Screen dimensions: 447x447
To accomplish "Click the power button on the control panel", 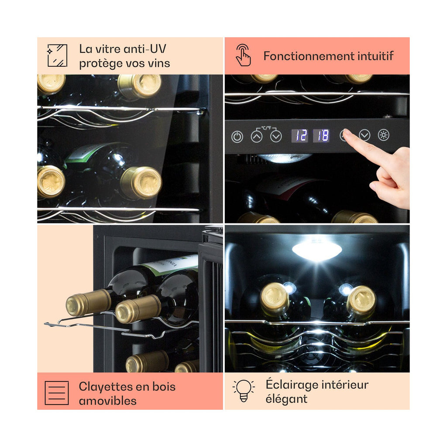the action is (237, 137).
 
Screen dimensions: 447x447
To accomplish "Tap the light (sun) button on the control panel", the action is (383, 135).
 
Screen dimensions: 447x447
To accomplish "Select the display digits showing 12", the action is (299, 135).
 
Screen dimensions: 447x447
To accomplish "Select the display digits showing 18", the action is (322, 135).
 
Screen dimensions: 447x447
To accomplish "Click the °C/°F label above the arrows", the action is (266, 128).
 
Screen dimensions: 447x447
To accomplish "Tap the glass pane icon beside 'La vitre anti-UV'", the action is (57, 55).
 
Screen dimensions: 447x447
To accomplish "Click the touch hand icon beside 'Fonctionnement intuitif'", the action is (243, 55).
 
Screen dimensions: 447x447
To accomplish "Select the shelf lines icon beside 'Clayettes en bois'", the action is (57, 393).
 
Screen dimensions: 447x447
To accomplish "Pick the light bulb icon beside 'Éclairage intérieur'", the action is (244, 391).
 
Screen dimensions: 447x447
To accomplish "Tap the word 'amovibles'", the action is (108, 401).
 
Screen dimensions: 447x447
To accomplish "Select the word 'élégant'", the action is (286, 399).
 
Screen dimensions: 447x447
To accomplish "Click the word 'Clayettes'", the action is (106, 387).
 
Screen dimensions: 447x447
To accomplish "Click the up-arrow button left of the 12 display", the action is (257, 136).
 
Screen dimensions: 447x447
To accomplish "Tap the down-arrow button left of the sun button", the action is (364, 135).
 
